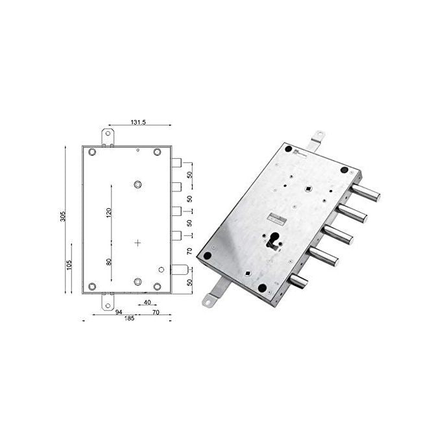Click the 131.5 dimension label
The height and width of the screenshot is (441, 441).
[138, 122]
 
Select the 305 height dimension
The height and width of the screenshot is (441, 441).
[62, 216]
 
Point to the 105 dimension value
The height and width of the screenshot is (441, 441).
[69, 265]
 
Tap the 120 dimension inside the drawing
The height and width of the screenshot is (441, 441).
[109, 212]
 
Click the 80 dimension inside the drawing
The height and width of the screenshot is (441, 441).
[109, 262]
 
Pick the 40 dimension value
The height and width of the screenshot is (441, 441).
[147, 302]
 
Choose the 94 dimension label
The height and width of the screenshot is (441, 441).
[119, 312]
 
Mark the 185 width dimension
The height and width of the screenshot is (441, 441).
[129, 318]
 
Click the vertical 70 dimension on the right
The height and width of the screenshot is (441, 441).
[190, 251]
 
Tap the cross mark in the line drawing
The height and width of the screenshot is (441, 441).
[137, 243]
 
